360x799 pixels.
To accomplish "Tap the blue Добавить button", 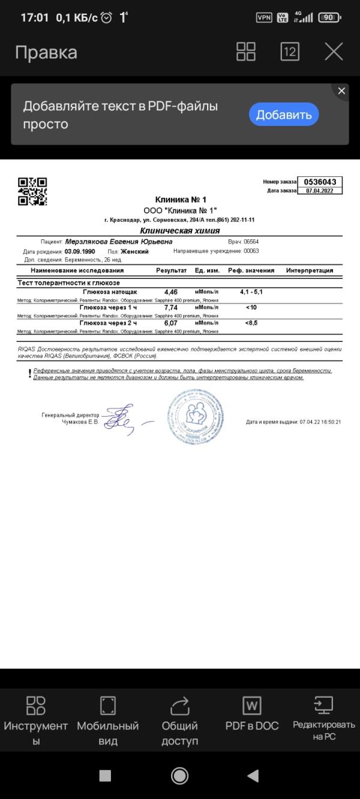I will click(284, 115).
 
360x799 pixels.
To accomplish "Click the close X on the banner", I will click(341, 91).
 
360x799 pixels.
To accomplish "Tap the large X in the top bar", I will click(334, 52).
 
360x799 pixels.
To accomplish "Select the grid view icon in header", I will click(246, 52).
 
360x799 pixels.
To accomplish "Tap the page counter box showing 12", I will click(290, 52).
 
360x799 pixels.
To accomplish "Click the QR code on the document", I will click(32, 191).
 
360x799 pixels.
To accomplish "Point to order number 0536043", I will click(320, 182).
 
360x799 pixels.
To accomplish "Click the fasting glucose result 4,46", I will click(171, 292).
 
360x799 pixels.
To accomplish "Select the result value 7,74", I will click(171, 307).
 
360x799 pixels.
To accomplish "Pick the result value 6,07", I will click(171, 323).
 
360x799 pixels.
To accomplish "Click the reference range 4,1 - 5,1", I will click(251, 292).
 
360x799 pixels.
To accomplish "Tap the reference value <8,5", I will click(251, 323).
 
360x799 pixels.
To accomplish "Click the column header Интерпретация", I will click(309, 271).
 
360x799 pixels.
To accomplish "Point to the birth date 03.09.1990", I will click(80, 252).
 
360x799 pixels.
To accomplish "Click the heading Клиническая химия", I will click(179, 230).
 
